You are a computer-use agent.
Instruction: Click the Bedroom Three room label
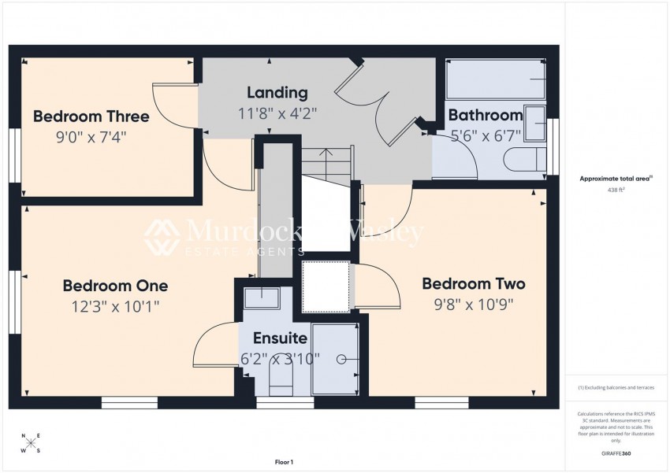[91, 116]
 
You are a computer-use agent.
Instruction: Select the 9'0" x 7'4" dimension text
[91, 136]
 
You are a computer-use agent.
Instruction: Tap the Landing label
[277, 93]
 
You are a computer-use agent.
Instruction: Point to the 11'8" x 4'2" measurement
[277, 113]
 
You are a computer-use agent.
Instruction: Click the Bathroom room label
[486, 116]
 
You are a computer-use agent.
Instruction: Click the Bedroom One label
[115, 286]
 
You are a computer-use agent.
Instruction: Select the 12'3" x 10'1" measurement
[115, 306]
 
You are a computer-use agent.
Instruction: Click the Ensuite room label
[280, 339]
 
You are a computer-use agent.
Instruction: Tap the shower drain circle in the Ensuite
[342, 360]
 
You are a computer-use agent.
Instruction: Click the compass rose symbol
[31, 443]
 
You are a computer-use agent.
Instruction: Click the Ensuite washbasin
[261, 298]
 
